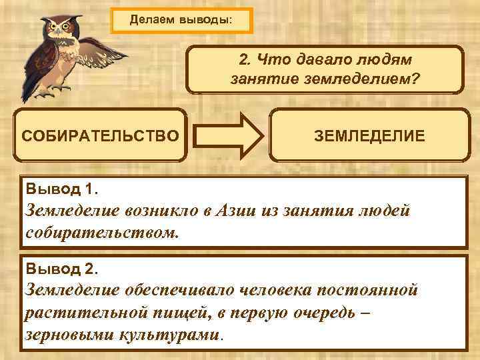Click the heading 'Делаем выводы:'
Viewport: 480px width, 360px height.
pos(181,20)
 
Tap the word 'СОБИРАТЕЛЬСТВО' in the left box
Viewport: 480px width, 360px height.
pos(101,136)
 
